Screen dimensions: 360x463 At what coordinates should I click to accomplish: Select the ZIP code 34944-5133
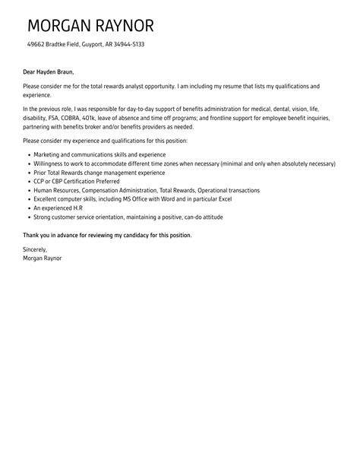[128, 45]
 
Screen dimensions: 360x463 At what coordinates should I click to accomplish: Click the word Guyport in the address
[95, 45]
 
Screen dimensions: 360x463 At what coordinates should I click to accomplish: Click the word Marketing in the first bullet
[48, 154]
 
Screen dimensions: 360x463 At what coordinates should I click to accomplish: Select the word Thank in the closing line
[32, 236]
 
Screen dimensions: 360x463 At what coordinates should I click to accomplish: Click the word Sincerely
[35, 249]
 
